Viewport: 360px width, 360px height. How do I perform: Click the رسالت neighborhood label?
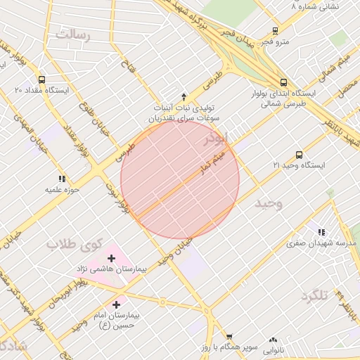[x=74, y=34]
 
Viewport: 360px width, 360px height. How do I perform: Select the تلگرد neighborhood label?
[x=314, y=296]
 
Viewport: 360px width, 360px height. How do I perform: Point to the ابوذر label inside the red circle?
[x=215, y=139]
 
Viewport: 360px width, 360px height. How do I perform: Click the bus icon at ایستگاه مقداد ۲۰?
[x=41, y=79]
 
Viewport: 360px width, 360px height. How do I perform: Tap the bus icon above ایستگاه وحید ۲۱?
[x=299, y=155]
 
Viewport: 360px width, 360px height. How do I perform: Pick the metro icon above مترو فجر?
[x=275, y=31]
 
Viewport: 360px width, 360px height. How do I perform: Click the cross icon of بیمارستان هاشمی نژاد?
[x=111, y=259]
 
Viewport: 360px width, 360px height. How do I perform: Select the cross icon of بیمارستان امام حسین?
[x=115, y=304]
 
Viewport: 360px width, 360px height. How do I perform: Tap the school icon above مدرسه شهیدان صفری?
[x=321, y=232]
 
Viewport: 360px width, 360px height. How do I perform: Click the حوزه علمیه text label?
[x=62, y=190]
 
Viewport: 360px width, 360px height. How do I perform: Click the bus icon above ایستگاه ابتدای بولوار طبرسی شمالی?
[x=283, y=82]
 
